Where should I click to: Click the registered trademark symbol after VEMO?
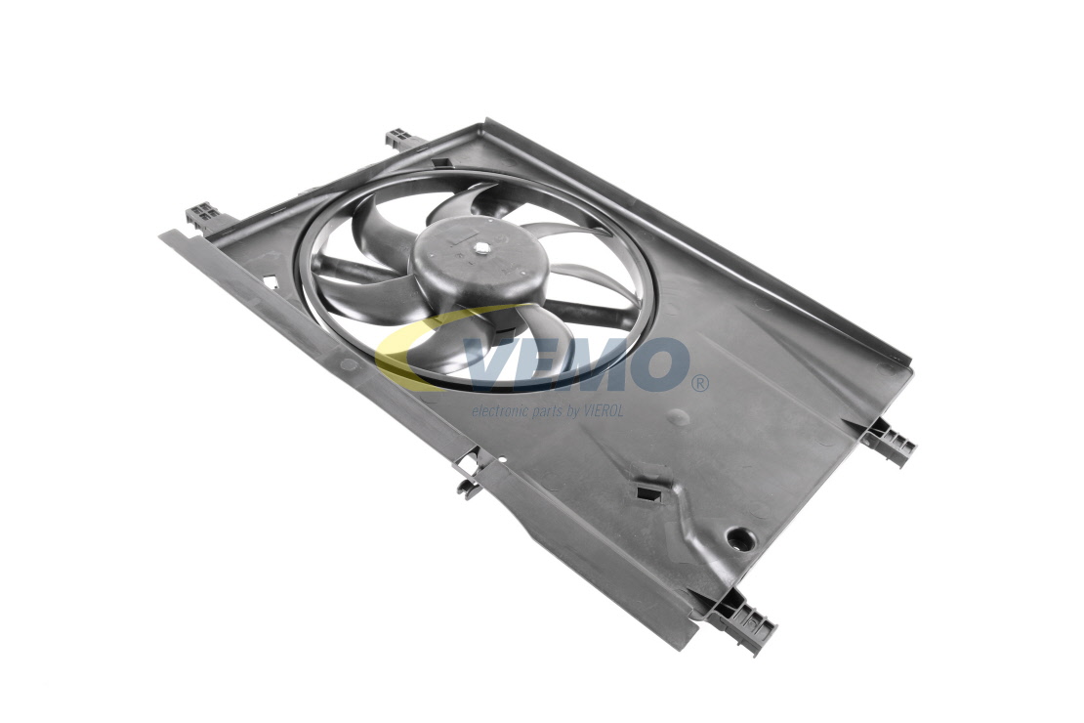pos(699,382)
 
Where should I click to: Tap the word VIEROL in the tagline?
pos(602,411)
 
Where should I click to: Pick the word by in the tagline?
pos(571,412)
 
